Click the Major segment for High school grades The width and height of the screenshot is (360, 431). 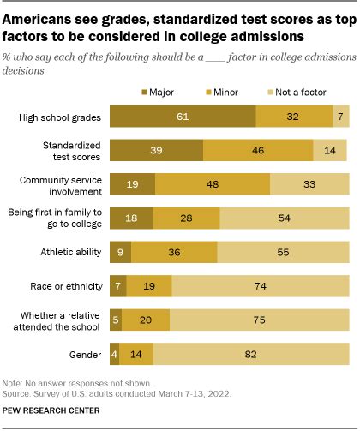tap(183, 116)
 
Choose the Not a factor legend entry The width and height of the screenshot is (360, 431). tap(284, 88)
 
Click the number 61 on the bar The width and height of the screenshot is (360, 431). tap(183, 116)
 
